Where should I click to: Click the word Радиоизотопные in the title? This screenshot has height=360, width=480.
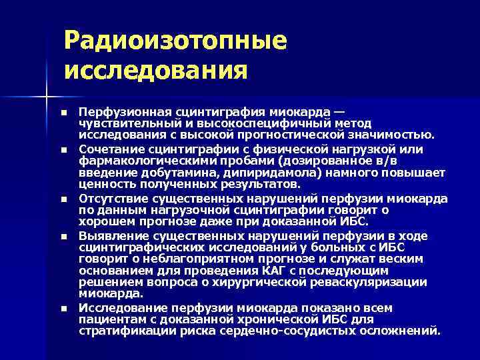point(176,41)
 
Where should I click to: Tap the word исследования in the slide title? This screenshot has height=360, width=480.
point(156,69)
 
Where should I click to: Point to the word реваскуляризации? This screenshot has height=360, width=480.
point(373,283)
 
